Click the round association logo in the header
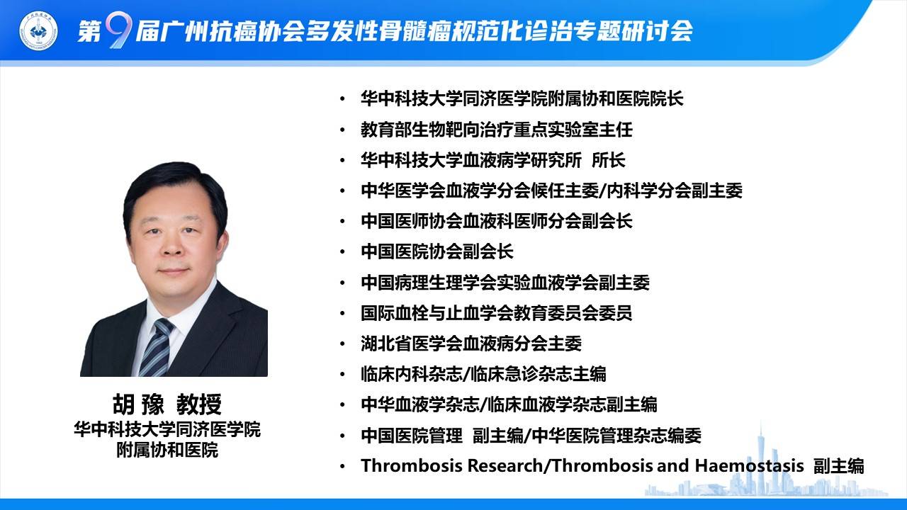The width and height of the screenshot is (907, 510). [38, 30]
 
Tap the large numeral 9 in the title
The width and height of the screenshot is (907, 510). [118, 30]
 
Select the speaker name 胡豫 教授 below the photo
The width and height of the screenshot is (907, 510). [167, 404]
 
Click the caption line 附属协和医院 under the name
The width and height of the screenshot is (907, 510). [167, 450]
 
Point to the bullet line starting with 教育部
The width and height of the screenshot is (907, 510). [497, 130]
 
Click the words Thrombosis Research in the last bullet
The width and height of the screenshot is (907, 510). [451, 465]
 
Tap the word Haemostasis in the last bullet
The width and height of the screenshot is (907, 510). [749, 465]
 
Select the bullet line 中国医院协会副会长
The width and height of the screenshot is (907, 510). [437, 251]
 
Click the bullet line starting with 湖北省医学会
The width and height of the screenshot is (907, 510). [471, 344]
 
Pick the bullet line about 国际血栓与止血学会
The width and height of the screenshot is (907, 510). [497, 313]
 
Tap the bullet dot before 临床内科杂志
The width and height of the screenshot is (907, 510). [343, 375]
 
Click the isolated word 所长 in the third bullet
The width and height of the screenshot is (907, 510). [608, 160]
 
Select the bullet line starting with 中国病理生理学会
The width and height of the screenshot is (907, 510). [505, 282]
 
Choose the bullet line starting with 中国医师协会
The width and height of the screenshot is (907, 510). [497, 221]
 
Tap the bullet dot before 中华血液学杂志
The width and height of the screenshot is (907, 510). [343, 404]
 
